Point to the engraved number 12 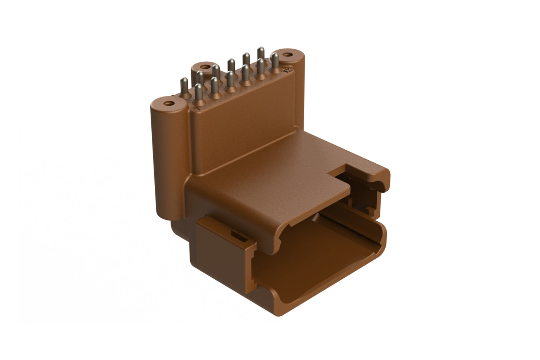(x=286, y=70)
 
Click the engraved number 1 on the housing (x=197, y=108)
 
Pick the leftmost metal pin (x=184, y=86)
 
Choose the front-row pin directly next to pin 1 (x=215, y=86)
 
